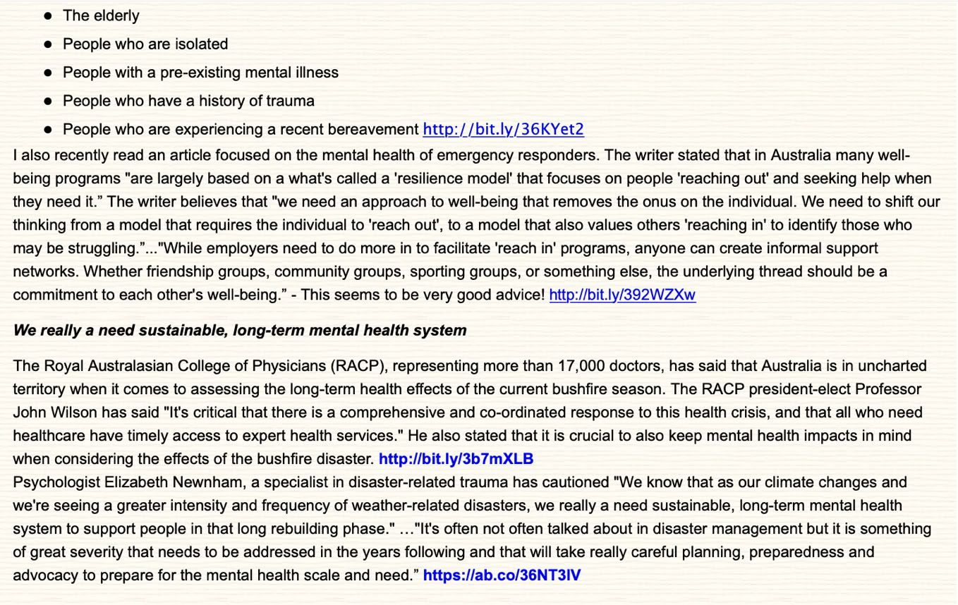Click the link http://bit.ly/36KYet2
pos(503,129)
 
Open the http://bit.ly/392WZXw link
pos(622,295)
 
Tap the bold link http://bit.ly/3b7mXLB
pos(456,459)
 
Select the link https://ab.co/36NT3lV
pos(502,575)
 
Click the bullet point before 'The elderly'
pos(48,16)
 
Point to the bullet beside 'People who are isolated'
pos(48,44)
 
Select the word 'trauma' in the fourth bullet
pos(290,101)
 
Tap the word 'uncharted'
pos(895,366)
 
